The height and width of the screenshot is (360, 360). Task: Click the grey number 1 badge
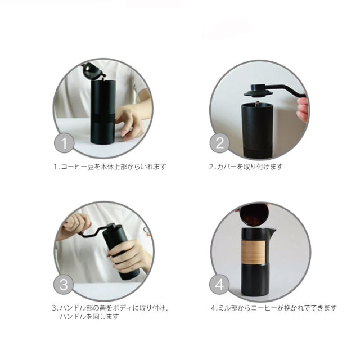64,143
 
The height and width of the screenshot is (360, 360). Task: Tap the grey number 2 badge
220,143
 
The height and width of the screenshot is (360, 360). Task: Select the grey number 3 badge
64,284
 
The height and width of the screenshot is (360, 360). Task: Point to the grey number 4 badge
219,284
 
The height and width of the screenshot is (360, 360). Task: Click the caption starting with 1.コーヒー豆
110,166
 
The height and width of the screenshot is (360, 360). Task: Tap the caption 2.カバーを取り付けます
246,166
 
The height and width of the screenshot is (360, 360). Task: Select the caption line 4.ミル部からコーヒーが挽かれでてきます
274,308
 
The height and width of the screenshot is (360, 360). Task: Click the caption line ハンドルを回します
89,317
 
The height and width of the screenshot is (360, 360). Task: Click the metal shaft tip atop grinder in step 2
258,104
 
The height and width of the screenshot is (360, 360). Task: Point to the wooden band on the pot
254,252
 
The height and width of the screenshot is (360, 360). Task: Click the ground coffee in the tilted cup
253,220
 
